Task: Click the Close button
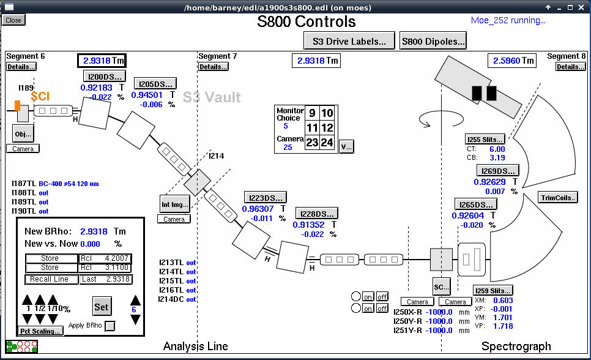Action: point(13,20)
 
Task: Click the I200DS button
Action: point(105,77)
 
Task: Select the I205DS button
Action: point(155,84)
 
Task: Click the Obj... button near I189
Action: point(23,133)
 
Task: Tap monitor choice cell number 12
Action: point(327,127)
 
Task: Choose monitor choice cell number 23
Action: point(312,143)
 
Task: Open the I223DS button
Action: point(266,197)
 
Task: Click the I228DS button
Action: point(316,214)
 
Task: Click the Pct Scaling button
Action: point(40,331)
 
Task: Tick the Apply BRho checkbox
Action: point(110,326)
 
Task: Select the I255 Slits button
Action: point(485,139)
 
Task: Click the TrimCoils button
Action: point(557,197)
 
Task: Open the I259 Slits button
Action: point(492,290)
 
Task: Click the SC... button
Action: point(441,286)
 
